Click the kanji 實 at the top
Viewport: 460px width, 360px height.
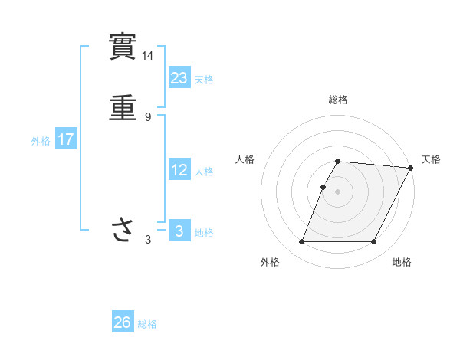123,47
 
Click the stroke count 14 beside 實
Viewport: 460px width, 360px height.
148,56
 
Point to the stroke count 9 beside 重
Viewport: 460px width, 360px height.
148,117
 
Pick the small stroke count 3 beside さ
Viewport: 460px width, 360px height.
148,240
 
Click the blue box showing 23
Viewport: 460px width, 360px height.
179,77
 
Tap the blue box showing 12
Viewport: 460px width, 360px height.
179,170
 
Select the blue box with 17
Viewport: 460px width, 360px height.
66,140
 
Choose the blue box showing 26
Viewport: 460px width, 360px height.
123,322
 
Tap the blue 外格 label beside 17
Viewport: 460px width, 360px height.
41,141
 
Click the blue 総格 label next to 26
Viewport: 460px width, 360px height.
147,324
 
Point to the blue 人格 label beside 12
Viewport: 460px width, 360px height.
204,172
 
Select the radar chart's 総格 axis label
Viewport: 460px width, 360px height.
338,100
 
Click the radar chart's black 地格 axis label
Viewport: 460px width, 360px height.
402,263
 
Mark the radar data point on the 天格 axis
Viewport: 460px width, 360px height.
412,168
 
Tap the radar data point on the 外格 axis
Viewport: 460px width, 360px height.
302,242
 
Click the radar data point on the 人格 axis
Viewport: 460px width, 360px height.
323,187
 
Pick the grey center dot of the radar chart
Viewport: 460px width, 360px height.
338,191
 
